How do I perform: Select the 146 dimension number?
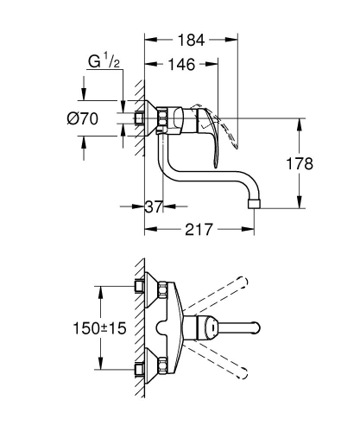click(181, 65)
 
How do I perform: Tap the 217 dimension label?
click(199, 231)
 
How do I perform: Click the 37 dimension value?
click(153, 206)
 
